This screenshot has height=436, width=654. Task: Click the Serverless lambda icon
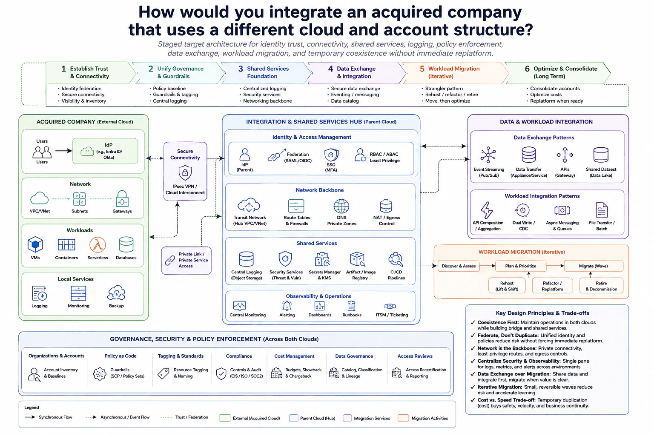pos(98,244)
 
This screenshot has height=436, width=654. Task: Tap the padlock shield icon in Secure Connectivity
pos(185,172)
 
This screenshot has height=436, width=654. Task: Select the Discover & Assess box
pos(459,266)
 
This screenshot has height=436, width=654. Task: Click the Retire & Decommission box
pos(601,286)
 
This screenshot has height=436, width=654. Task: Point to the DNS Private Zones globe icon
pos(341,206)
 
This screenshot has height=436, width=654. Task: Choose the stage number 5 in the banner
pos(422,69)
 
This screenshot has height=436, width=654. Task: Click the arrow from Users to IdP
pos(63,151)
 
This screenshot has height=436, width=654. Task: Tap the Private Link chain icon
pos(170,260)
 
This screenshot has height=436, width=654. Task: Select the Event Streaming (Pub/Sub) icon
pos(488,155)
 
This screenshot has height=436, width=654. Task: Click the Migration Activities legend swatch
pos(403,418)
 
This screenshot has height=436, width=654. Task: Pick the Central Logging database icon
pos(246,259)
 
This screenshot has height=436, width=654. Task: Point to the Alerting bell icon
pos(287,306)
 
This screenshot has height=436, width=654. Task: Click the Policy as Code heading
pos(120,356)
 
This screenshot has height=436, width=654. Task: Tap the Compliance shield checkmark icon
pos(221,373)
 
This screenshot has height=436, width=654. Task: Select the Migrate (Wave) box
pos(593,266)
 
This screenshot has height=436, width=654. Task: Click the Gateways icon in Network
pos(122,199)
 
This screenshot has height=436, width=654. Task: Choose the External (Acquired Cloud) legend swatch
pos(224,418)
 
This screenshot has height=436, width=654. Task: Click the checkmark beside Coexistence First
pos(472,322)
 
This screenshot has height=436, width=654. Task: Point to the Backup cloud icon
pos(116,293)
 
